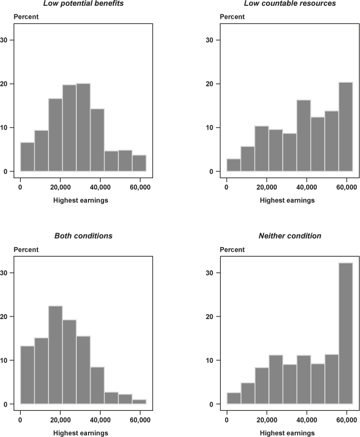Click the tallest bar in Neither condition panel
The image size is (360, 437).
pyautogui.click(x=346, y=333)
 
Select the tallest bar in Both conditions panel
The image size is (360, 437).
pyautogui.click(x=55, y=355)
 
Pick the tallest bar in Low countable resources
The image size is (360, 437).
pyautogui.click(x=346, y=126)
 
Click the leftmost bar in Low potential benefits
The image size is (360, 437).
pyautogui.click(x=27, y=157)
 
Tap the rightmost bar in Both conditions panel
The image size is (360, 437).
pyautogui.click(x=139, y=402)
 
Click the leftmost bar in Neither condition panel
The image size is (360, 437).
pyautogui.click(x=234, y=398)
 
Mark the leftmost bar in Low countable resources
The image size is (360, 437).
pyautogui.click(x=234, y=165)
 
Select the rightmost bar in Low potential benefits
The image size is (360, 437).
pyautogui.click(x=139, y=163)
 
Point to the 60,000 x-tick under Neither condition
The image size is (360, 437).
pyautogui.click(x=347, y=420)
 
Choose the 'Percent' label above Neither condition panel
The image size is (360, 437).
pyautogui.click(x=233, y=249)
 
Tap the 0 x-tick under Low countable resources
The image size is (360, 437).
pyautogui.click(x=227, y=187)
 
